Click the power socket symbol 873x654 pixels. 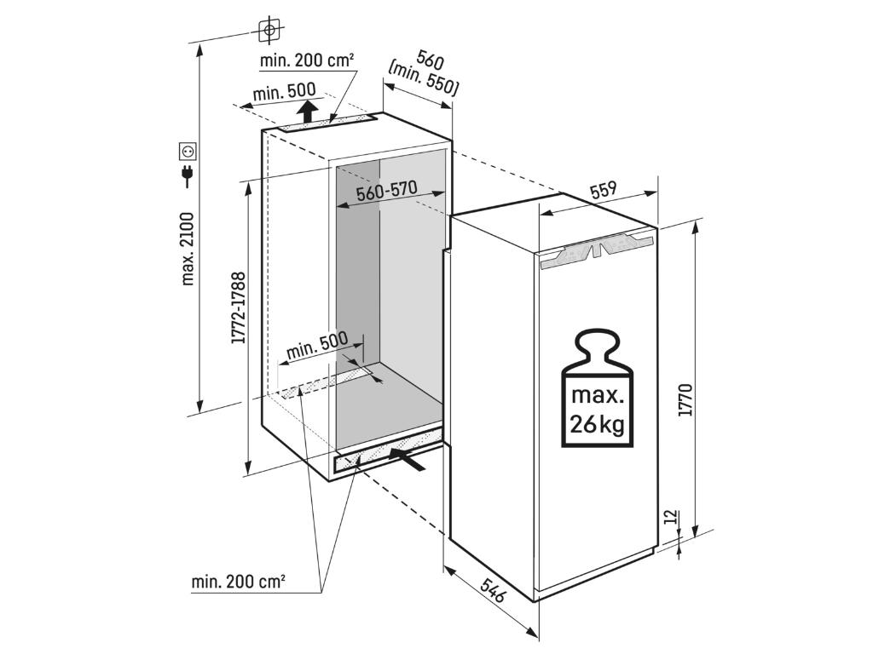(188, 152)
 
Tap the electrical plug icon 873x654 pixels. (188, 176)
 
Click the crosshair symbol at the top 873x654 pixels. (269, 31)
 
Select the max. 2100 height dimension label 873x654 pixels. (188, 249)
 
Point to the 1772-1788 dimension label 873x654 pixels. (239, 307)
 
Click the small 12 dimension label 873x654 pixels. (670, 517)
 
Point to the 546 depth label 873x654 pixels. (494, 590)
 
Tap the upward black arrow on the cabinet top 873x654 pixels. (309, 112)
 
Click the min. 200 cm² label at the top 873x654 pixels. (307, 60)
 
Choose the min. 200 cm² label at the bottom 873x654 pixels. (238, 582)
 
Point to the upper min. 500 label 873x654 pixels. (284, 91)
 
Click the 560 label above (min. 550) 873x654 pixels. (430, 60)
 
